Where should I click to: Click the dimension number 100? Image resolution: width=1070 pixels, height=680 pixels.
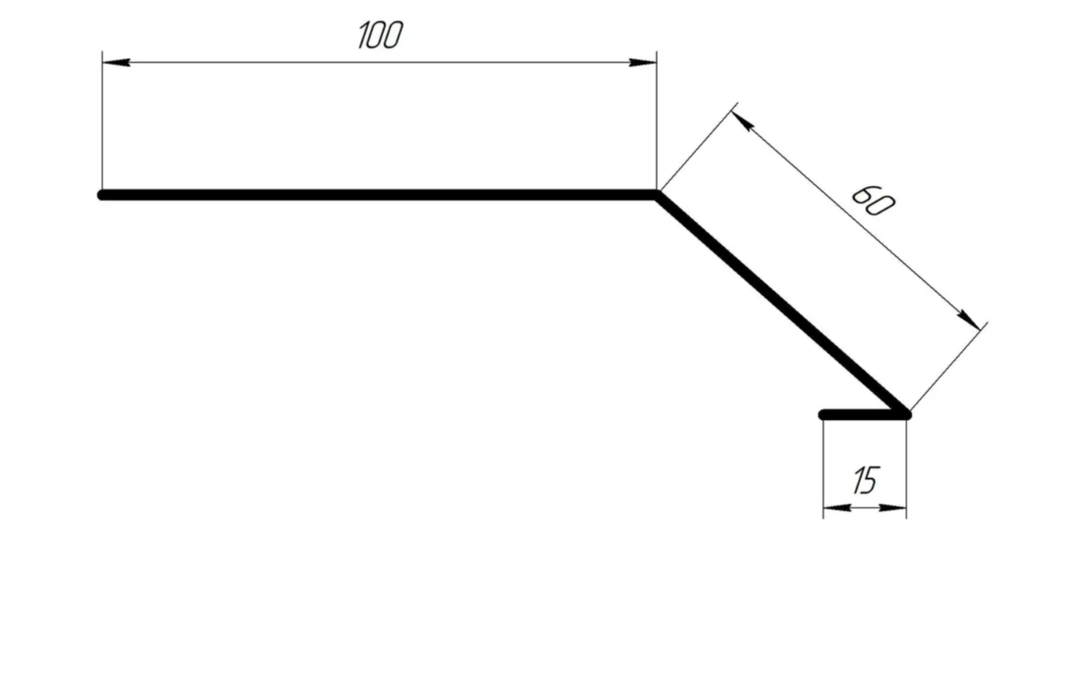[x=380, y=35]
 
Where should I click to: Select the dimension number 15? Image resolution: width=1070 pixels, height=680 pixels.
[x=865, y=480]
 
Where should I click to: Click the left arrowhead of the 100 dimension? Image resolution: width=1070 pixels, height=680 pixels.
[x=116, y=62]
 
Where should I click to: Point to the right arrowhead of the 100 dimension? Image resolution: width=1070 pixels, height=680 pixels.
[x=642, y=62]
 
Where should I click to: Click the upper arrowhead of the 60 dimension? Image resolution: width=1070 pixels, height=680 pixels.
[x=742, y=121]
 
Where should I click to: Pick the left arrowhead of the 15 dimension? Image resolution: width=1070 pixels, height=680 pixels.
[x=837, y=508]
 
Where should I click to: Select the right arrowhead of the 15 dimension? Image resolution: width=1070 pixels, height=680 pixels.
[x=893, y=508]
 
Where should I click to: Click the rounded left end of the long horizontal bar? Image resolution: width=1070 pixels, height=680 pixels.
[x=102, y=195]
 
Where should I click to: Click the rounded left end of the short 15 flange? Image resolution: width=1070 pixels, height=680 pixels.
[x=823, y=415]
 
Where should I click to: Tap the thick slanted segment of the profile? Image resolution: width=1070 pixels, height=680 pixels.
[x=782, y=305]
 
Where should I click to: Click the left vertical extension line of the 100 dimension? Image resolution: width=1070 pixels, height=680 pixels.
[x=102, y=121]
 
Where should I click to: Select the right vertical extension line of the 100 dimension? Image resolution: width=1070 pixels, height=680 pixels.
[x=657, y=121]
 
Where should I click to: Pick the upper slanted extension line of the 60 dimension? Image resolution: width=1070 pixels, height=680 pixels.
[x=699, y=146]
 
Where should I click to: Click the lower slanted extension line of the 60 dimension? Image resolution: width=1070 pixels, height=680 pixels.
[x=949, y=366]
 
